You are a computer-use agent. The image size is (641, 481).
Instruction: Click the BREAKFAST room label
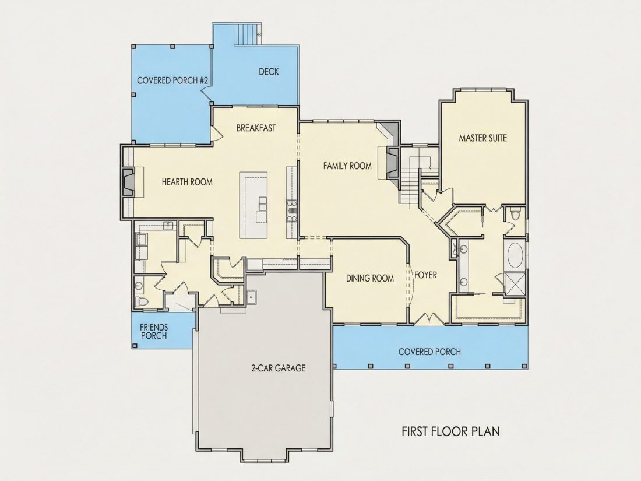(x=256, y=128)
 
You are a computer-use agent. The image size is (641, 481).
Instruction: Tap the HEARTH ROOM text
(x=187, y=182)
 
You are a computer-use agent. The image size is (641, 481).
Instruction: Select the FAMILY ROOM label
(x=347, y=166)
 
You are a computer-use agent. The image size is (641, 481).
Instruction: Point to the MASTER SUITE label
(x=483, y=138)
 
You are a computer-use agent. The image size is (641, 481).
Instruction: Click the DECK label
(x=269, y=72)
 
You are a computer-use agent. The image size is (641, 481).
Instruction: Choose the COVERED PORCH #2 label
(x=172, y=80)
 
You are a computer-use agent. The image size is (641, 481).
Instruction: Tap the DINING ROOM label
(x=370, y=279)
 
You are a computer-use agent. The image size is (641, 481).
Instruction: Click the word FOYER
(x=425, y=275)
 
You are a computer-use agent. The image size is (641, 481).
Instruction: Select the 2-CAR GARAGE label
(x=279, y=368)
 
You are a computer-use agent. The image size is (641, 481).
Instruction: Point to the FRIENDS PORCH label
(x=154, y=331)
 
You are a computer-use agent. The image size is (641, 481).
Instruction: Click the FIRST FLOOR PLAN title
(x=450, y=431)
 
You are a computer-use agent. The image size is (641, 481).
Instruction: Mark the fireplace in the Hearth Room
(x=128, y=182)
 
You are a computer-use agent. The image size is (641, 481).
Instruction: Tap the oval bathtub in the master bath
(x=515, y=255)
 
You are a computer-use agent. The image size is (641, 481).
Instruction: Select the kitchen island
(x=253, y=205)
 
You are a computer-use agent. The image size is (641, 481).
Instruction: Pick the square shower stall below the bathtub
(x=515, y=283)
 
